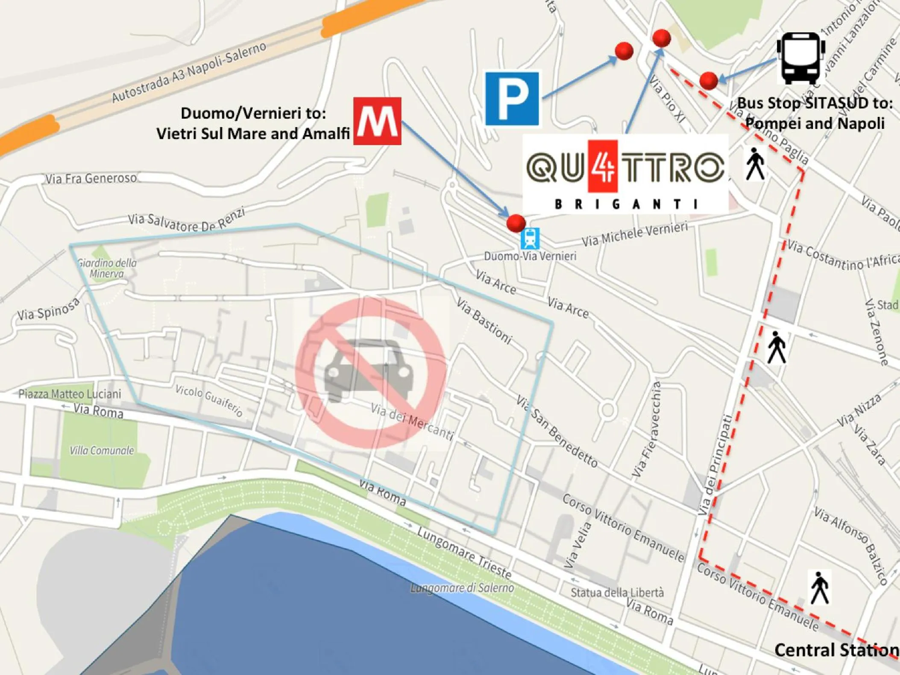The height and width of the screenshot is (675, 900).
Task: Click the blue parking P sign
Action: [x=512, y=99]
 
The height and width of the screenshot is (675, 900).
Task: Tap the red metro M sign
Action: [x=377, y=121]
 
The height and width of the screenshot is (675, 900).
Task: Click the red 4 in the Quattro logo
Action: [x=603, y=166]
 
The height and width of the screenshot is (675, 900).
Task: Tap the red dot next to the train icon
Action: [x=516, y=223]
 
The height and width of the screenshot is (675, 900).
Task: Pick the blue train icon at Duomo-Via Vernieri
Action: [x=530, y=239]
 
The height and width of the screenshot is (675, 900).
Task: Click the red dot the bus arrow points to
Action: [x=708, y=80]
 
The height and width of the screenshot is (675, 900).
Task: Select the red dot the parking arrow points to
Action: [x=624, y=51]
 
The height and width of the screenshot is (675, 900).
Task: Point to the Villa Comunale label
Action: [x=102, y=451]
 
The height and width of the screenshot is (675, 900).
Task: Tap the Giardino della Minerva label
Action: [x=107, y=268]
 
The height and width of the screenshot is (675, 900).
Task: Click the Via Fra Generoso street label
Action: [x=91, y=178]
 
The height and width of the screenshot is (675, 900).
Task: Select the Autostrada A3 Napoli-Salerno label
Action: [x=189, y=73]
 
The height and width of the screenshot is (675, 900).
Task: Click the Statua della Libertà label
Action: [x=617, y=593]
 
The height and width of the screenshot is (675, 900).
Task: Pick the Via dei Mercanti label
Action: [x=412, y=422]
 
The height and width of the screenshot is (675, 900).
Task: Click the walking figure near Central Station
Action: [x=819, y=588]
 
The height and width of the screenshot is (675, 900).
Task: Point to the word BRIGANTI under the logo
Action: [x=626, y=204]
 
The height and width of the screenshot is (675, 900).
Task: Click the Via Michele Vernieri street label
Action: [x=635, y=234]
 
